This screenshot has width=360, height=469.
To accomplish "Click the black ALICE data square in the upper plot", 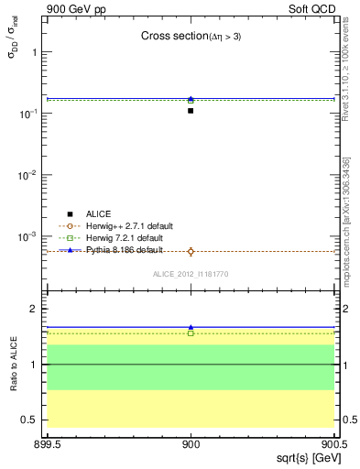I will pyautogui.click(x=191, y=111).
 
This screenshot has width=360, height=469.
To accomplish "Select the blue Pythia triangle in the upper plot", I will pyautogui.click(x=191, y=99).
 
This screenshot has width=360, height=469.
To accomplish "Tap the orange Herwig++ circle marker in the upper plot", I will pyautogui.click(x=191, y=251).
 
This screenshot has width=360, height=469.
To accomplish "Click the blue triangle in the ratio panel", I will pyautogui.click(x=191, y=327).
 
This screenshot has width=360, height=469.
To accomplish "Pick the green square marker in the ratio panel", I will pyautogui.click(x=191, y=333).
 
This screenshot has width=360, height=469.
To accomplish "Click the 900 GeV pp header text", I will pyautogui.click(x=76, y=8).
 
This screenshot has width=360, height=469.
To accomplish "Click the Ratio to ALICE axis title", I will pyautogui.click(x=14, y=365).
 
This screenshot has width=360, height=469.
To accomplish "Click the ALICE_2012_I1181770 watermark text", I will pyautogui.click(x=191, y=273).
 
